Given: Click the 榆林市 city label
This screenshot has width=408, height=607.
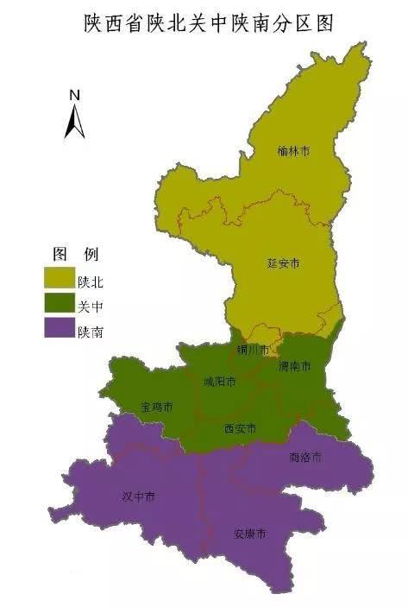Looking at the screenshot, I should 293,151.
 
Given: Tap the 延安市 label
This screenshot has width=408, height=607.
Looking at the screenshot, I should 283,262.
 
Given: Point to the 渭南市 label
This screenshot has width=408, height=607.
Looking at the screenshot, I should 294,367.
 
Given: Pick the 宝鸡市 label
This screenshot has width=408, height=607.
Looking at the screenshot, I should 157,406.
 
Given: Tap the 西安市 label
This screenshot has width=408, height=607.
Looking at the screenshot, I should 240,428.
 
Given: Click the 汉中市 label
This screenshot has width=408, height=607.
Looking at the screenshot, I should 139,496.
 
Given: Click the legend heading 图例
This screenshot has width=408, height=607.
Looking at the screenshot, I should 76,254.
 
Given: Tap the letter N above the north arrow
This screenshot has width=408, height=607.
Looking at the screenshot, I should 75,95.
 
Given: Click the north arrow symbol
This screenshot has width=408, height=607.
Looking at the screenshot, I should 75,121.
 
